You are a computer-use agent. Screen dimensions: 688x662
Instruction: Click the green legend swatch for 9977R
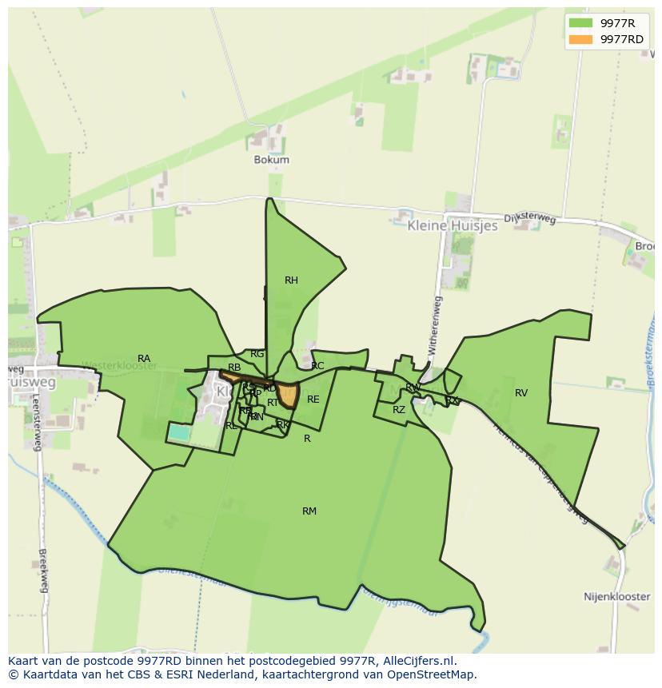point(581,23)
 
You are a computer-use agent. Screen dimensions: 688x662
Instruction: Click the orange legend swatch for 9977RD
point(581,39)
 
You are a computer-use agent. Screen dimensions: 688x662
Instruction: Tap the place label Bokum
point(271,160)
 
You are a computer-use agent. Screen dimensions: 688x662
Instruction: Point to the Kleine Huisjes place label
point(452,226)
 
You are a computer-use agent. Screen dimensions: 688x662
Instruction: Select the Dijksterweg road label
point(529,219)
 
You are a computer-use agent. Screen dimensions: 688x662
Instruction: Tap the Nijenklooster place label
point(617,597)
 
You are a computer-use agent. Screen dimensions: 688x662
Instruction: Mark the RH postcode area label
point(291,280)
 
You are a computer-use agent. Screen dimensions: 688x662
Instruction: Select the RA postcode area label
point(144,359)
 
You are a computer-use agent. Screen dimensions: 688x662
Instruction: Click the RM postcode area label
point(309,511)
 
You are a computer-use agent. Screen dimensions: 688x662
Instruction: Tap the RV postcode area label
point(521,393)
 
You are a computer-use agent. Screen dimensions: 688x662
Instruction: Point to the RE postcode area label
point(313,400)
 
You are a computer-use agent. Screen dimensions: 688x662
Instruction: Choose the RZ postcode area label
point(399,410)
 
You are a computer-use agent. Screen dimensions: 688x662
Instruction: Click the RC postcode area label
point(317,367)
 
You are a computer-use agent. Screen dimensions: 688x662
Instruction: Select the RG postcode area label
point(257,354)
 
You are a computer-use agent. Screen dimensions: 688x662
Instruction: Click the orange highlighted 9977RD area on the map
point(289,396)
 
